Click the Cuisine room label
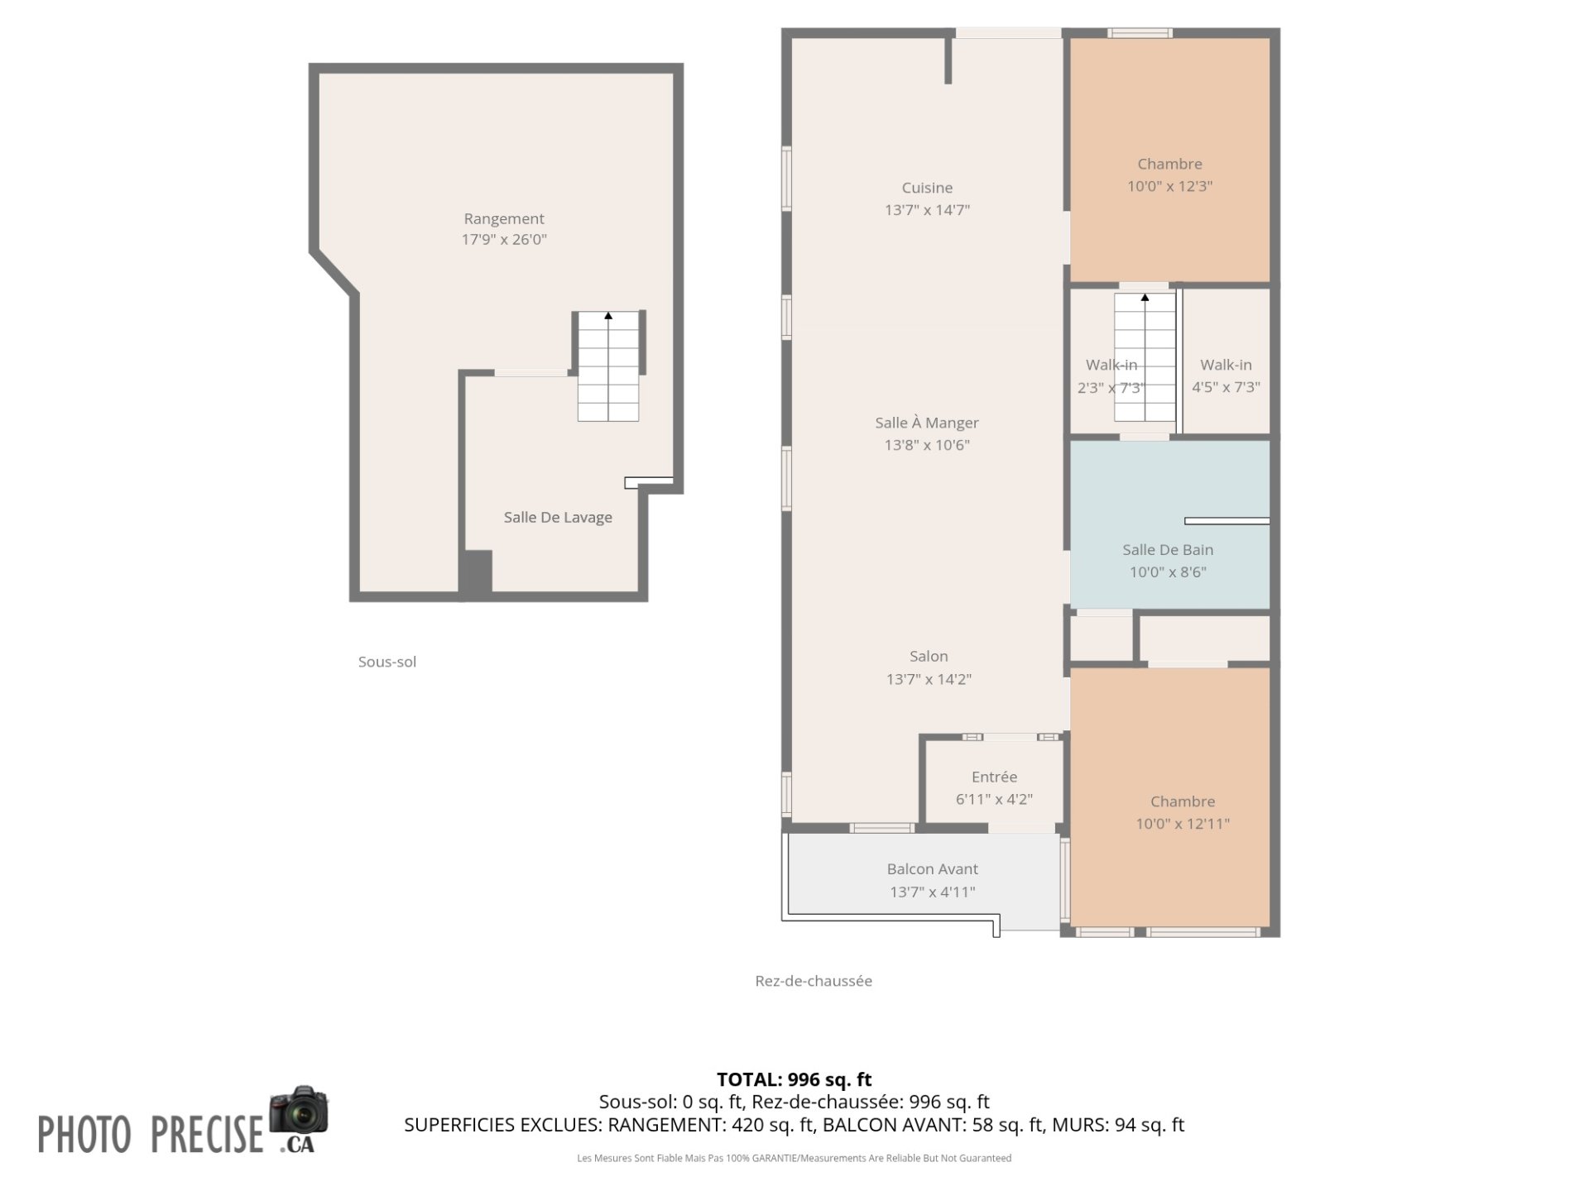pos(927,189)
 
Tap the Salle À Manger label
pos(927,423)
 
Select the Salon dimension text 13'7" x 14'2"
pos(929,679)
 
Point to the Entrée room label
pos(994,777)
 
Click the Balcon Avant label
pos(932,869)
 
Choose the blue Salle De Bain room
pos(1169,524)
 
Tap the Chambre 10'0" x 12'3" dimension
pos(1169,186)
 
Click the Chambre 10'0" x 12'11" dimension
pos(1183,824)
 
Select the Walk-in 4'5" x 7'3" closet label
pos(1226,375)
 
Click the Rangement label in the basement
pos(504,218)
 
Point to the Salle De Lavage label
pos(558,518)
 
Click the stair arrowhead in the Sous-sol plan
pos(608,315)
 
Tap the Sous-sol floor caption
pos(387,662)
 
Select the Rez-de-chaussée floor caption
pos(814,981)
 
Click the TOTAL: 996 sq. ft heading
pos(794,1079)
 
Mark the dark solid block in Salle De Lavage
pos(476,572)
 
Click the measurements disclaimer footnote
pos(794,1159)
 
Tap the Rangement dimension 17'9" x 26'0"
pos(504,240)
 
